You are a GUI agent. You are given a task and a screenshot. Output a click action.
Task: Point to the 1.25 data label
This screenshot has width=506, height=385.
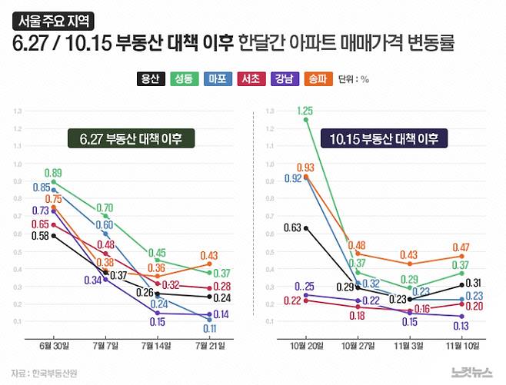(305, 111)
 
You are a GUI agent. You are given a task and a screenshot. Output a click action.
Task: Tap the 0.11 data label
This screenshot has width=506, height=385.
(208, 328)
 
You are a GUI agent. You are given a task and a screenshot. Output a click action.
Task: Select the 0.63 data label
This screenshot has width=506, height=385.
(293, 227)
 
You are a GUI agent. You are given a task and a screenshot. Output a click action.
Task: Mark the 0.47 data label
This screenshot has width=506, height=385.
(461, 247)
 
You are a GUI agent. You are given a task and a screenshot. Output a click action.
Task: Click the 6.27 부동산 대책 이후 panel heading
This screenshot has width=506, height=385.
(131, 139)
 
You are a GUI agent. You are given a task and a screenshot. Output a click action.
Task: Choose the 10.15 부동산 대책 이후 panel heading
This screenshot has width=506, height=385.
(384, 139)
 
